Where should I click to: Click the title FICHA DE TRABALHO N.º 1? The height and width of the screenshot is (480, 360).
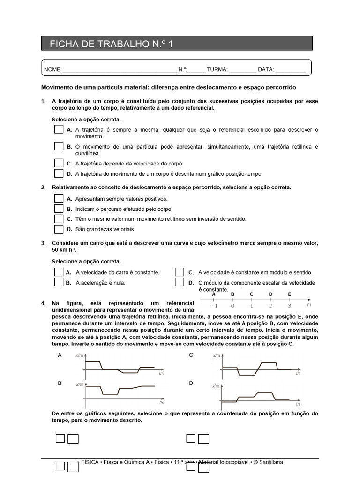coord(111,45)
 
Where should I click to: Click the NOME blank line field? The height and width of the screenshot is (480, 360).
coord(120,69)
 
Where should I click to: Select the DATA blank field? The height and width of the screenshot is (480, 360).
coord(291,69)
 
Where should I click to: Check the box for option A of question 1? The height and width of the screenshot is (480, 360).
coord(59,129)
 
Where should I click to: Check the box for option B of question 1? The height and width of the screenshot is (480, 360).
coord(59,146)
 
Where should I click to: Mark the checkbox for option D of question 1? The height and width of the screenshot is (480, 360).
coord(59,173)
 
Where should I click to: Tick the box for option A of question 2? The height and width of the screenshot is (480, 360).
coord(59,199)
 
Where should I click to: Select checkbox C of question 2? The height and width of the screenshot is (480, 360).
coord(59,219)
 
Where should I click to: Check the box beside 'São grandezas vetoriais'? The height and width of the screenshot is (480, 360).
coord(59,229)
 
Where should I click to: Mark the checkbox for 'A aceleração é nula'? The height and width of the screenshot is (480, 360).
coord(59,283)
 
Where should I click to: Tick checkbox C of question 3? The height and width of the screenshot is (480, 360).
coord(180,272)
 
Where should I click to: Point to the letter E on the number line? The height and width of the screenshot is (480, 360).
coord(290,294)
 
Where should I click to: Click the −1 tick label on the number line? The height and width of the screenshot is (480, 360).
coord(213,306)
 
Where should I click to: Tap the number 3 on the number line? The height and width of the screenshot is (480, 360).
coord(290,306)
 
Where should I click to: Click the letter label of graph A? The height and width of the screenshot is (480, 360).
coord(60,355)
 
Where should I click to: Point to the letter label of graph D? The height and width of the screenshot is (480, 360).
coord(191,383)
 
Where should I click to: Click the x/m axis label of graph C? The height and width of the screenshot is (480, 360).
coord(216,356)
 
